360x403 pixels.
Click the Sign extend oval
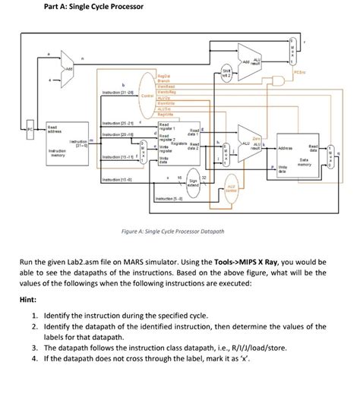click(x=193, y=182)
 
